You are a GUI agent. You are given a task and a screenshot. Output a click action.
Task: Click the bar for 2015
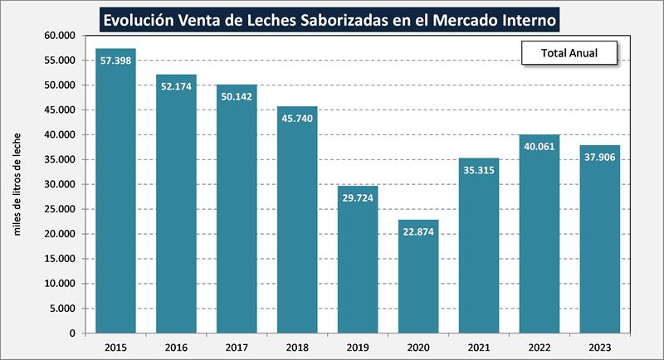[115, 191]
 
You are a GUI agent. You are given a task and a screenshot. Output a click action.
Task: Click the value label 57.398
[115, 62]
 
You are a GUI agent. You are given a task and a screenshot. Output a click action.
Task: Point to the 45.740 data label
[297, 120]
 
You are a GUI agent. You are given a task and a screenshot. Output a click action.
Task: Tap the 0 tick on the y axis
[73, 333]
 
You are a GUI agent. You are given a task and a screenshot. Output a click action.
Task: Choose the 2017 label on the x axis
[237, 346]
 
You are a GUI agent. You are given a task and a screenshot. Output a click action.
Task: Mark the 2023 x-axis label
[599, 346]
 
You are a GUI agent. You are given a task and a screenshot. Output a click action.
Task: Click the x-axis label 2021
[479, 346]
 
